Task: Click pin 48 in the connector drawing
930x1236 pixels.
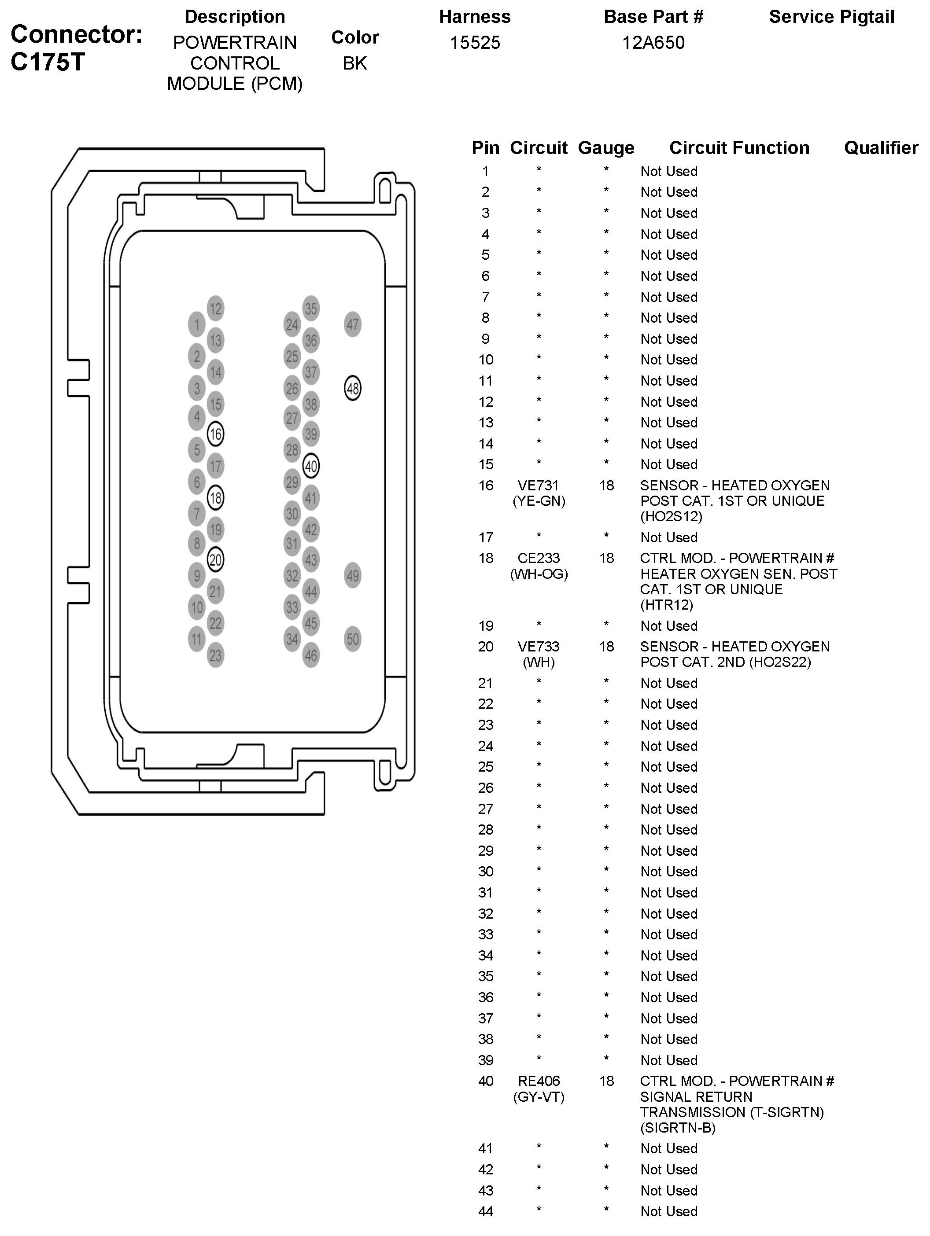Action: coord(352,388)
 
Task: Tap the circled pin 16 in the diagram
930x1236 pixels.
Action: coord(215,434)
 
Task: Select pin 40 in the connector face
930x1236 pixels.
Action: coord(311,466)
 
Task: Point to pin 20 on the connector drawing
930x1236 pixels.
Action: coord(215,559)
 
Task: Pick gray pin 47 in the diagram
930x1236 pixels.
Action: coord(352,324)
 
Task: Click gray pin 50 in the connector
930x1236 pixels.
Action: coord(352,639)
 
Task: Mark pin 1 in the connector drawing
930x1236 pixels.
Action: coord(196,324)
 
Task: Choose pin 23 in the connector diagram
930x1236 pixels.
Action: coord(215,655)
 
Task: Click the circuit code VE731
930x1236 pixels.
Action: coord(538,486)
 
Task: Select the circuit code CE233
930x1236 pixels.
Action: coord(538,558)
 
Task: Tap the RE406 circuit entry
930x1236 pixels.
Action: coord(538,1081)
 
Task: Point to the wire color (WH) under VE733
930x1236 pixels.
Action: coord(538,662)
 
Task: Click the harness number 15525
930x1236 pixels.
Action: coord(475,43)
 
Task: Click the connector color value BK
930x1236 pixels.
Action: coord(354,63)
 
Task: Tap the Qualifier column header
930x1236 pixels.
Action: coord(881,147)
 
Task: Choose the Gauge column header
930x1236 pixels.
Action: coord(606,147)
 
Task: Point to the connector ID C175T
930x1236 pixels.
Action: coord(48,62)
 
